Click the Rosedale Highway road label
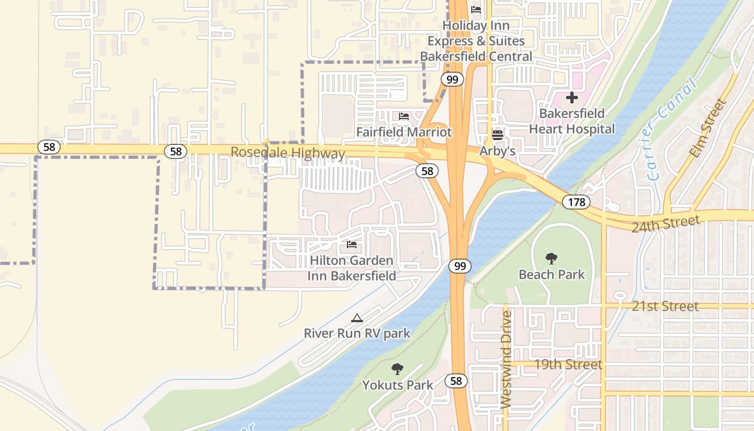tap(288, 153)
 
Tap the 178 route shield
tap(576, 202)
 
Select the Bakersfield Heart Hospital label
tap(571, 121)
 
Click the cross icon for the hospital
tap(571, 98)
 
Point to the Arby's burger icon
tap(498, 135)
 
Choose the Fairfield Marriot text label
tap(404, 132)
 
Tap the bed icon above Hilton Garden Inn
tap(352, 245)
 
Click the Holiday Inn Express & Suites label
tap(476, 40)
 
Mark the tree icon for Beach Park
tap(551, 259)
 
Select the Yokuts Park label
tap(397, 385)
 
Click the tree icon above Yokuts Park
tap(397, 369)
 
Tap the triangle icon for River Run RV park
tap(357, 318)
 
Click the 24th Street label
tap(666, 223)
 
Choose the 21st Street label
tap(665, 306)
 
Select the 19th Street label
tap(568, 364)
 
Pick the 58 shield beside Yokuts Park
tap(456, 381)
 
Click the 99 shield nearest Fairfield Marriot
tap(452, 80)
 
